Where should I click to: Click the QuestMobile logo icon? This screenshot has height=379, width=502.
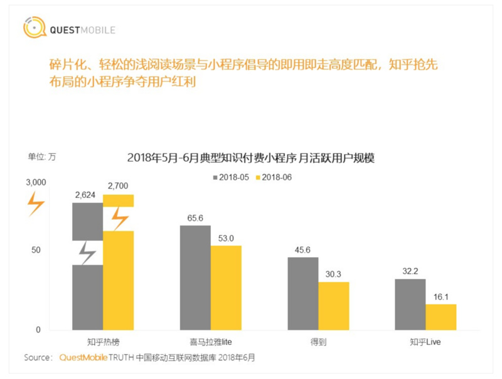click(34, 28)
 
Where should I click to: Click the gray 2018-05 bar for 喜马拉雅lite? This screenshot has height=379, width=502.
click(195, 277)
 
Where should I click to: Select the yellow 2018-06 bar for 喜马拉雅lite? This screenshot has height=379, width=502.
click(226, 287)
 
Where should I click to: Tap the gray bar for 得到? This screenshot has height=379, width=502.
click(303, 294)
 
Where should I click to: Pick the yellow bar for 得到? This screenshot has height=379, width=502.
click(333, 306)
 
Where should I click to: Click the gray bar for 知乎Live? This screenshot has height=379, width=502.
click(410, 304)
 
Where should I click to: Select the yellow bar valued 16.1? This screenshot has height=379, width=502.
click(441, 317)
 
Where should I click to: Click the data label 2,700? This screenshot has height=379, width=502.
click(119, 186)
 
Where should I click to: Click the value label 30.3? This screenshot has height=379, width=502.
click(333, 273)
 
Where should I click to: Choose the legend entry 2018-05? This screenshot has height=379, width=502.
click(232, 177)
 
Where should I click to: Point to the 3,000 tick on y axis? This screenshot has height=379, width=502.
click(36, 182)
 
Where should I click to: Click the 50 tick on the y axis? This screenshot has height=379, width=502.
click(36, 250)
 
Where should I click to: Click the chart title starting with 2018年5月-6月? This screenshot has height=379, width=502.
click(250, 158)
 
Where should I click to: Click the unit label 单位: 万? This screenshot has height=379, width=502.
click(41, 157)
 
